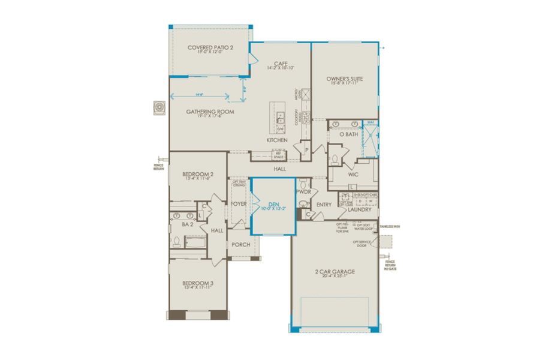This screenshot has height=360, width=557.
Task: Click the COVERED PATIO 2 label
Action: pos(209,47)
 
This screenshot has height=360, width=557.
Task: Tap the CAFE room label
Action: pos(278,63)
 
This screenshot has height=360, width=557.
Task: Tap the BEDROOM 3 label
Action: pos(198,283)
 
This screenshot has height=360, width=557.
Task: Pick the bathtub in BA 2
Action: pos(195,243)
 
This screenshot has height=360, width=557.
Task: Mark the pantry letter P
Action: pos(306,150)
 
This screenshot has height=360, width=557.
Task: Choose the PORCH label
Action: pos(241,244)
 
